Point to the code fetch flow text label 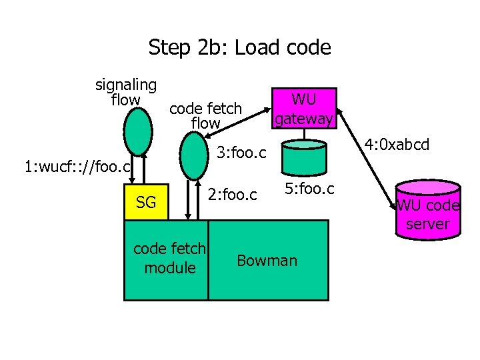click(x=205, y=115)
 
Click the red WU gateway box click(x=304, y=108)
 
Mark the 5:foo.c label click(x=310, y=189)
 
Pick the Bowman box click(x=267, y=260)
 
